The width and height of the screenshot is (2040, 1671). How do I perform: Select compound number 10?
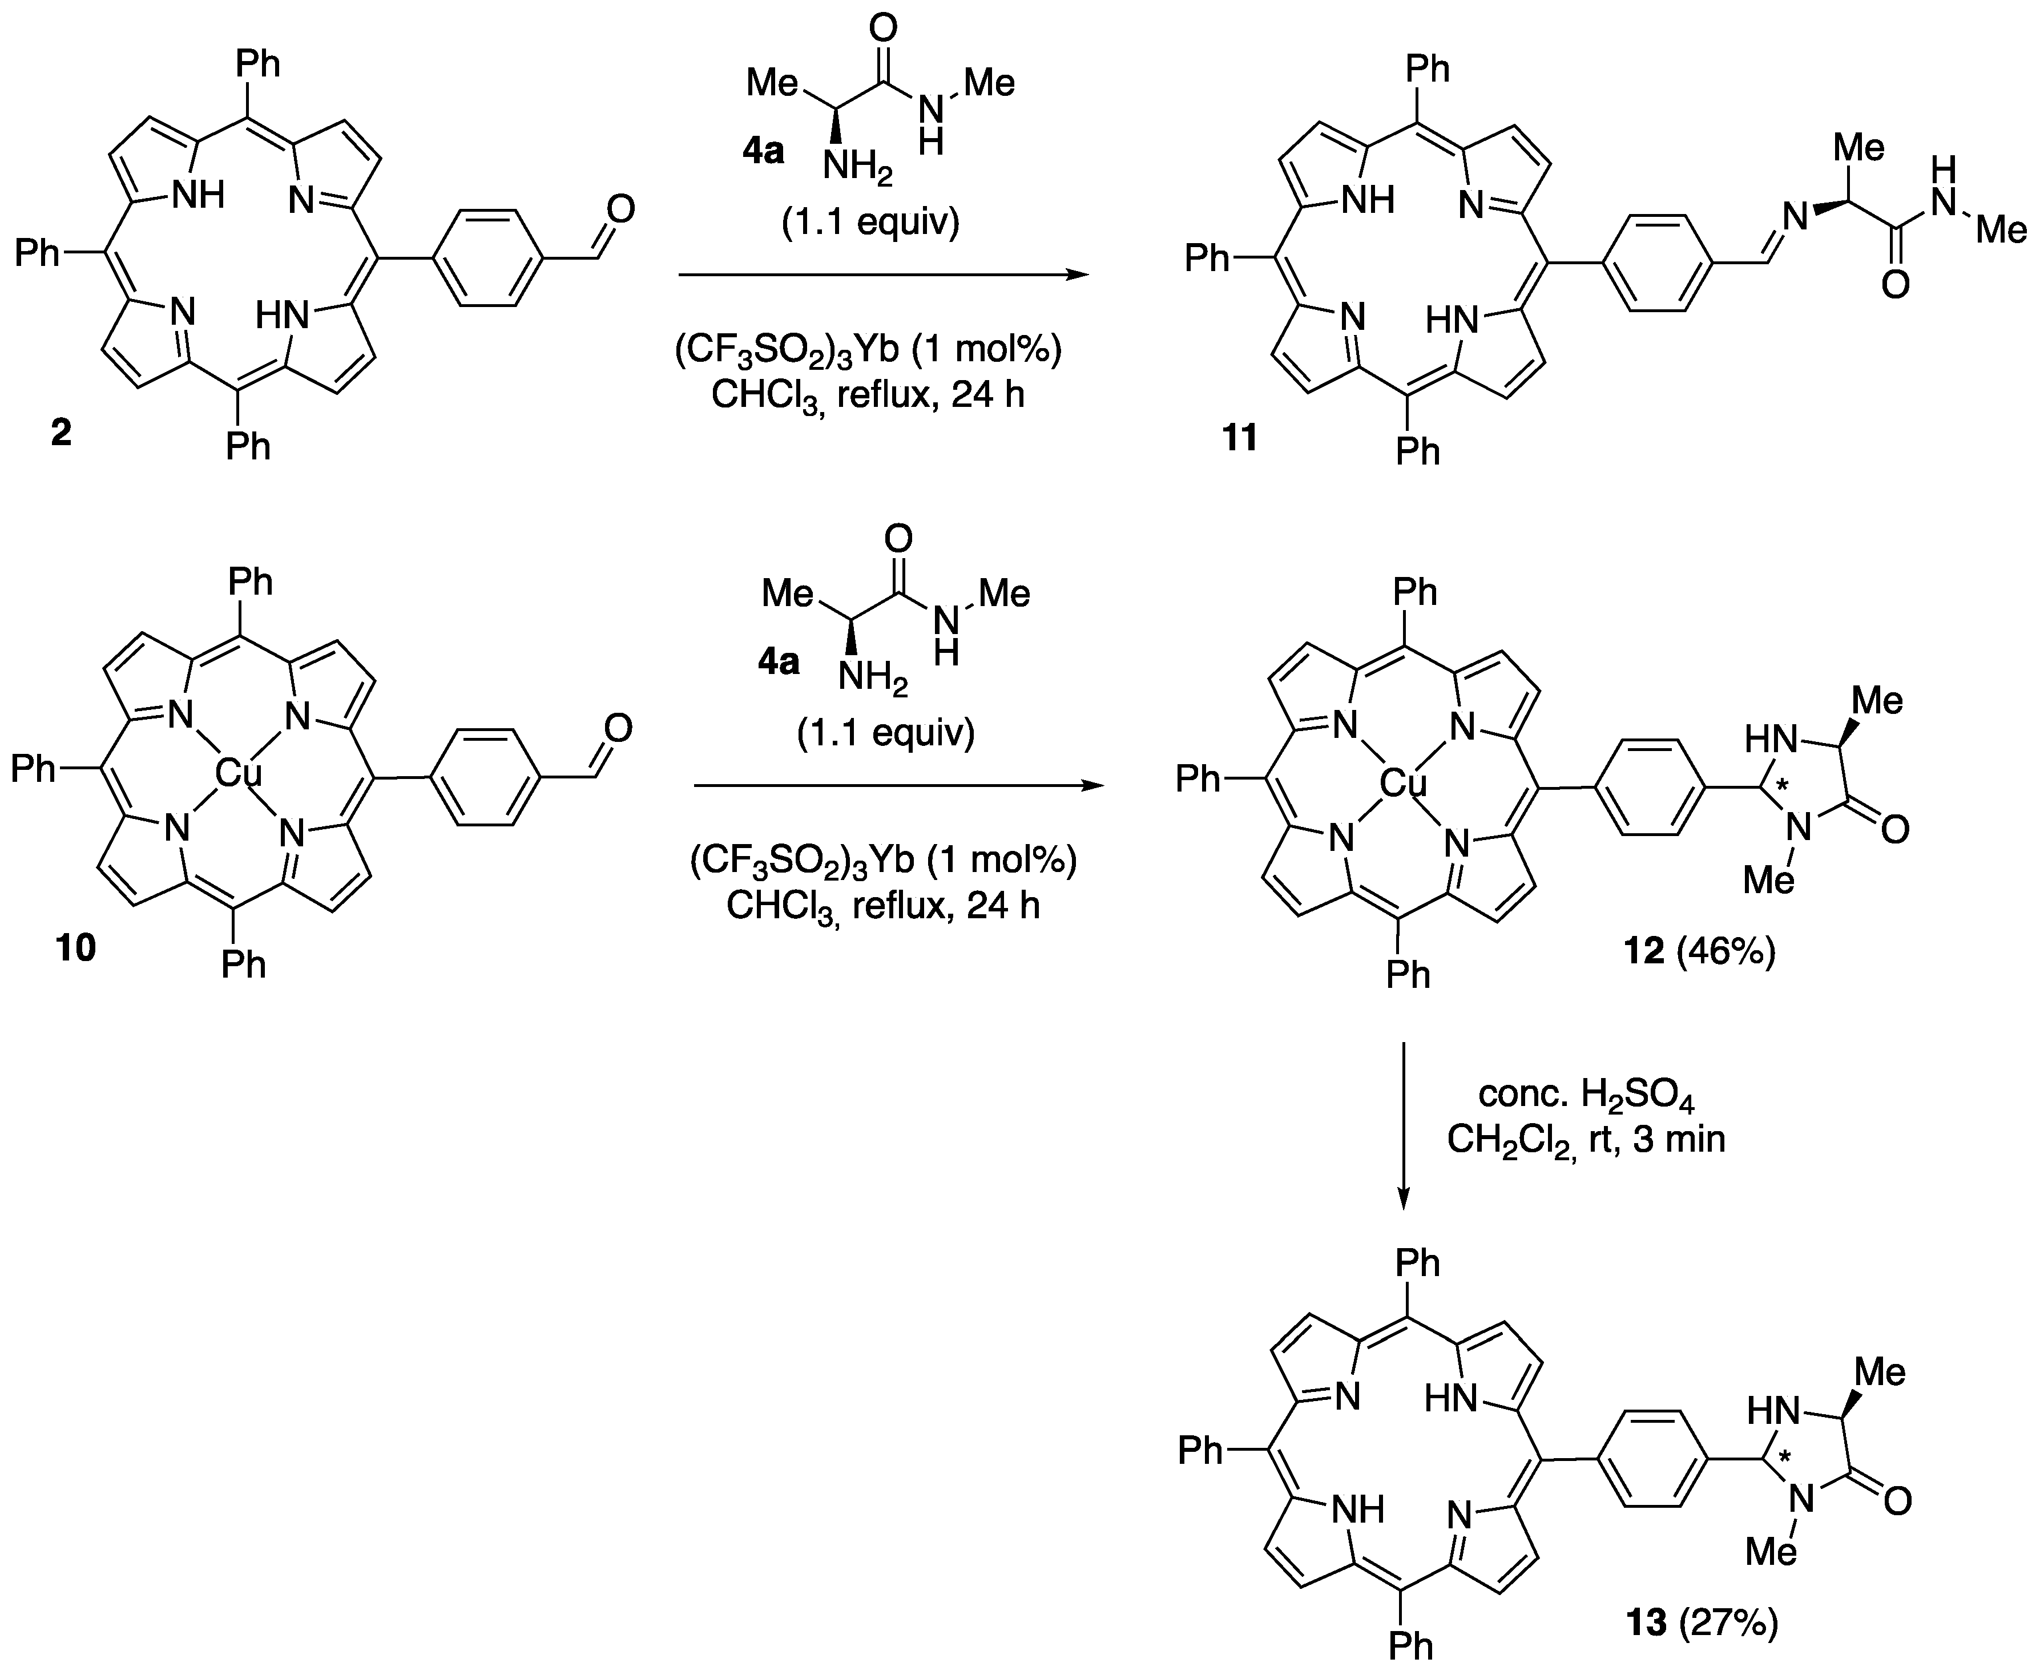coord(76,948)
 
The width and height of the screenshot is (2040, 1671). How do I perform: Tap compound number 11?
coord(1240,438)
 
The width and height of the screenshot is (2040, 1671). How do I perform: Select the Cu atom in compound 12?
coord(1402,785)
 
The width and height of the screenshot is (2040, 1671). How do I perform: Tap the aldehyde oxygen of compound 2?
coord(620,208)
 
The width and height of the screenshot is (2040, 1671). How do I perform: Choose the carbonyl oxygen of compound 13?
coord(1894,1500)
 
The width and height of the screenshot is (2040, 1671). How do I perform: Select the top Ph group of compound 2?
coord(258,64)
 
